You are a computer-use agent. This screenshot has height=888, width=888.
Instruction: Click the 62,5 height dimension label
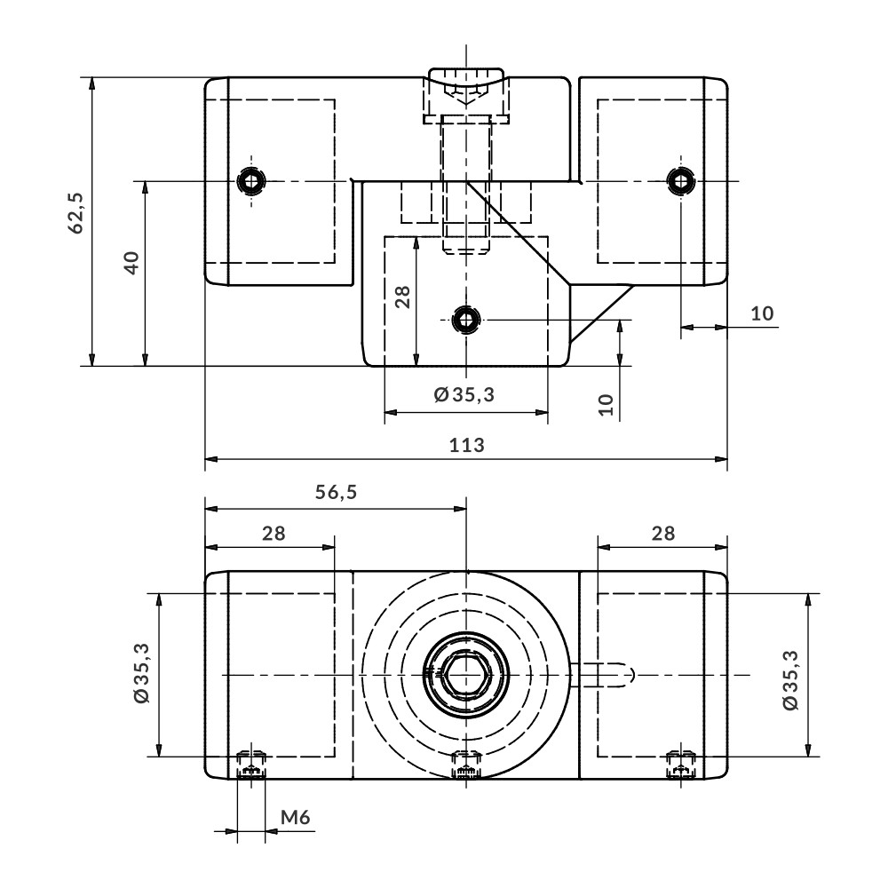click(x=75, y=213)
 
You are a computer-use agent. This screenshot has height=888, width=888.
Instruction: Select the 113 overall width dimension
click(x=467, y=445)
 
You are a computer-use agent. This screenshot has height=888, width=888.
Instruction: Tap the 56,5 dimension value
click(x=336, y=492)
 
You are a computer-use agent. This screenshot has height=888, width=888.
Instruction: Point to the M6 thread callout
click(x=296, y=817)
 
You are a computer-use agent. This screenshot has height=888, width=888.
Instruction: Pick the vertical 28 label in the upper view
click(x=402, y=297)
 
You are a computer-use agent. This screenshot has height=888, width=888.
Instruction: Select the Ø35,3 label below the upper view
click(x=464, y=394)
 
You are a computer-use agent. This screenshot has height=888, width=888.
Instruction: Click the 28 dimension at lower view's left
click(x=274, y=533)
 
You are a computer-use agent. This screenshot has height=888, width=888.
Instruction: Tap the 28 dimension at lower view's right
click(x=663, y=533)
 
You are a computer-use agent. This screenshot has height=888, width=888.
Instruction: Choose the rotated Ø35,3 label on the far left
click(x=141, y=673)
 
